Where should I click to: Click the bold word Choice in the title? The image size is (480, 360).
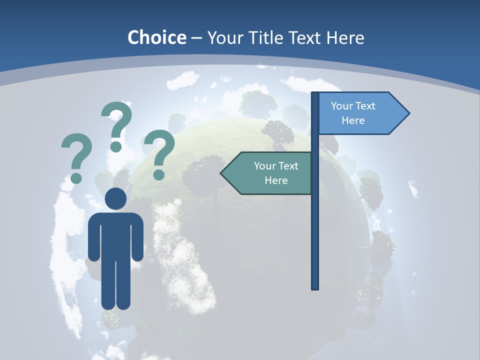coord(156,37)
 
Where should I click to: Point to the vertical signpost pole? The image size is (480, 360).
coord(314,225)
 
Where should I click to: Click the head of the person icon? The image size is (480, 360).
coord(115,198)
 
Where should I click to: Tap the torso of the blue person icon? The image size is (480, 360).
coord(115,237)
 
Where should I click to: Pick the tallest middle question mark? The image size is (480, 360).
coord(117,122)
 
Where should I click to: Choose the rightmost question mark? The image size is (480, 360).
coord(159,150)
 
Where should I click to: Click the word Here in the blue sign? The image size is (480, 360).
coord(353,120)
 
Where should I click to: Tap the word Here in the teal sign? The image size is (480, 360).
coord(276,180)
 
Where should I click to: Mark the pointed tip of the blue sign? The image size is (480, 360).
coord(408,113)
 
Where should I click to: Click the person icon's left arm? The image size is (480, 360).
coord(93,237)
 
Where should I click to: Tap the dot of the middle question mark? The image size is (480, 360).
coord(116,146)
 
